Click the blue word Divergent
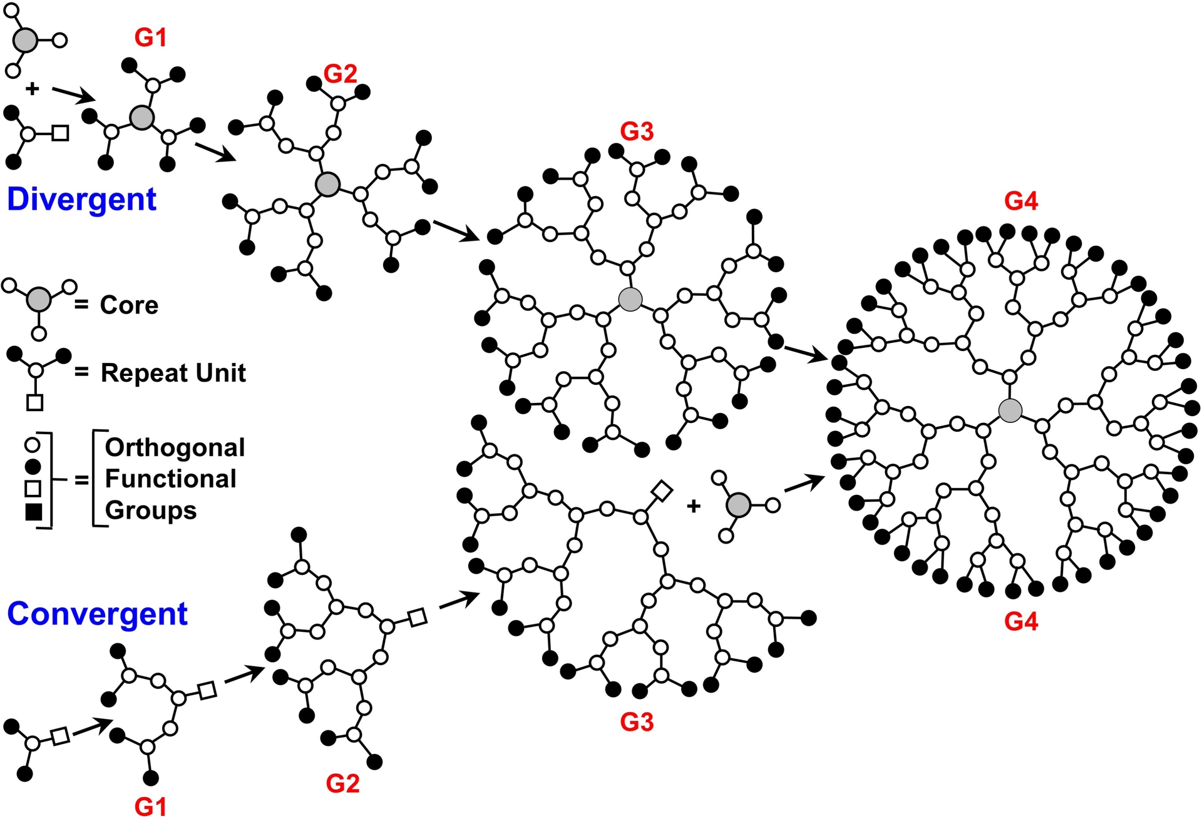81,200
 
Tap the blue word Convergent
97,614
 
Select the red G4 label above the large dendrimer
1021,201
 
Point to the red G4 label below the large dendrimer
1021,621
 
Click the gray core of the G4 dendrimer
1010,410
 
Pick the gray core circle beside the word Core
39,300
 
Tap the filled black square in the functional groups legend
33,512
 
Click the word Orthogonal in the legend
175,447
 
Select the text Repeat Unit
173,373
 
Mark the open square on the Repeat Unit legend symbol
35,402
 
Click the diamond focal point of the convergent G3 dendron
662,492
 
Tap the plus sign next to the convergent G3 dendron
693,506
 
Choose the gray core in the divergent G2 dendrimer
327,185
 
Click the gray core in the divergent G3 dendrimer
630,300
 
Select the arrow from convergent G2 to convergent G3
459,599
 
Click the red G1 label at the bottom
151,806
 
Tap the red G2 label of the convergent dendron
342,783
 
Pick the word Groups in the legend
150,511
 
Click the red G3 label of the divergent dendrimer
637,131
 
